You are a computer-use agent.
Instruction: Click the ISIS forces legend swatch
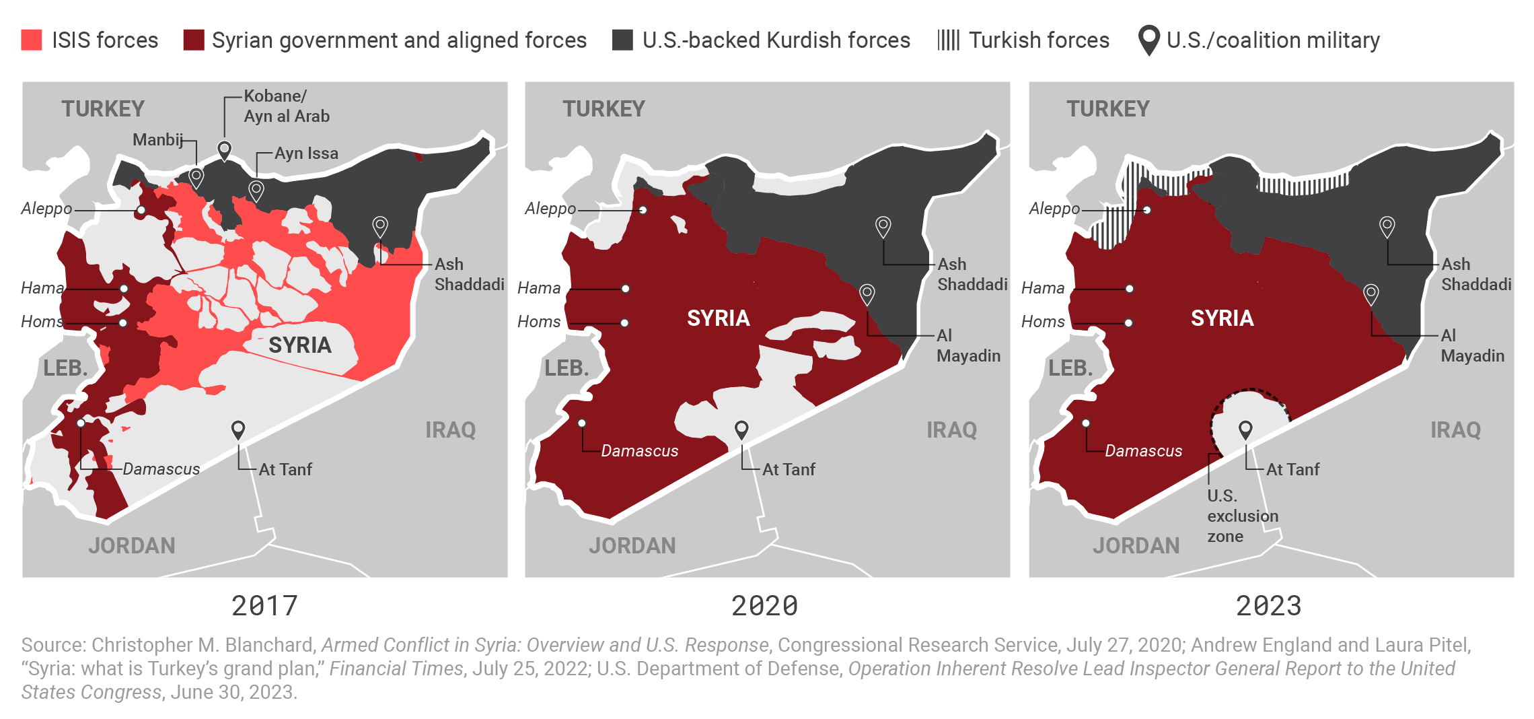tap(32, 40)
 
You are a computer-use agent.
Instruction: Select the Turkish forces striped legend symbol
tap(948, 40)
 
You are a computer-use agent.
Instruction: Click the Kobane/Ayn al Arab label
tap(287, 106)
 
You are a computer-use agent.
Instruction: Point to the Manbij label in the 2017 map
tap(157, 139)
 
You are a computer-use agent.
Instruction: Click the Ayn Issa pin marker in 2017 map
tap(256, 189)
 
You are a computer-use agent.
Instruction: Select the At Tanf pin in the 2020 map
tap(741, 429)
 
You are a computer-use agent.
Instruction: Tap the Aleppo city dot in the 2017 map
tap(141, 210)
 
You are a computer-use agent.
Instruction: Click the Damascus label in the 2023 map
tap(1143, 450)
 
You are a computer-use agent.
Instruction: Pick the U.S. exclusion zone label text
tap(1242, 516)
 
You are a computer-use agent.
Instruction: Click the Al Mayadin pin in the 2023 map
tap(1371, 294)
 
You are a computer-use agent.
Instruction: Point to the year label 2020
tap(764, 606)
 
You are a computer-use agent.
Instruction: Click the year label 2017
tap(264, 606)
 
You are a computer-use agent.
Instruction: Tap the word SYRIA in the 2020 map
tap(718, 318)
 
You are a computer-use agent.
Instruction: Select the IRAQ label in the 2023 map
tap(1455, 430)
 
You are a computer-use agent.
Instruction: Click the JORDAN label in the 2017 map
tap(132, 545)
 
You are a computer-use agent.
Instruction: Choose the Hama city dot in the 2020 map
tap(626, 289)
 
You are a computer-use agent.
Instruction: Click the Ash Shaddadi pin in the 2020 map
tap(883, 226)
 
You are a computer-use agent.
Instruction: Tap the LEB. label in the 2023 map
tap(1070, 368)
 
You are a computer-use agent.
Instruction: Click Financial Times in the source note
tap(396, 669)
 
